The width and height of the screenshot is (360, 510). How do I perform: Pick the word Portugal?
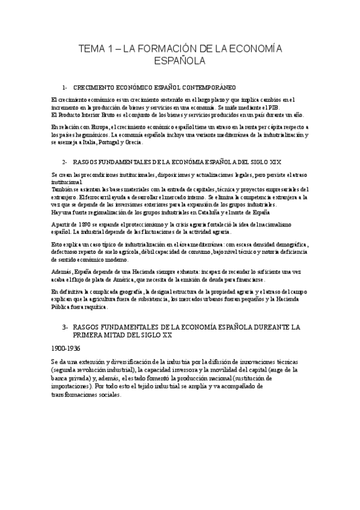(x=106, y=142)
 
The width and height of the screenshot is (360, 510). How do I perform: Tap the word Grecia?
(x=133, y=142)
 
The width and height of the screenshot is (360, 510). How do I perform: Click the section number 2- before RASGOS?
(x=65, y=162)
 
